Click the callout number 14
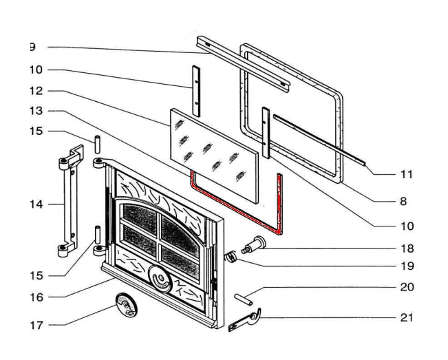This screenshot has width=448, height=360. pos(36,204)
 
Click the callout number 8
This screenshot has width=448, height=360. pos(403,202)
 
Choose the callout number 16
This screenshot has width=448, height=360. pos(36,297)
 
